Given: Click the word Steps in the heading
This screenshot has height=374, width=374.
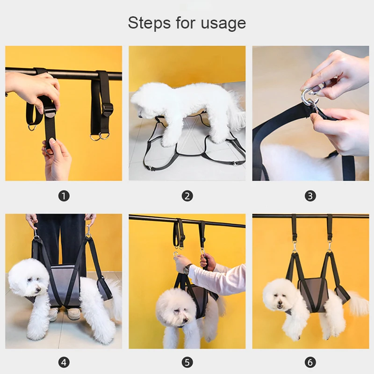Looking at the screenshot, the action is click(x=149, y=23).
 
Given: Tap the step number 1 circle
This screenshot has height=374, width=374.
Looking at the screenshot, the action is click(x=64, y=196).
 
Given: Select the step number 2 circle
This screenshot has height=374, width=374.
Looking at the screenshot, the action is click(x=187, y=196).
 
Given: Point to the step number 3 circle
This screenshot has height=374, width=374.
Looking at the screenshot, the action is click(x=310, y=196).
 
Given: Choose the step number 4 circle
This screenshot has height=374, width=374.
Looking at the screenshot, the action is click(x=64, y=363).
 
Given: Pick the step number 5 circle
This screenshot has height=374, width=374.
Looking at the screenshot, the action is click(x=187, y=363).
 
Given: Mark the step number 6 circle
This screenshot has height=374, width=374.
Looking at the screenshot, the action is click(x=310, y=363).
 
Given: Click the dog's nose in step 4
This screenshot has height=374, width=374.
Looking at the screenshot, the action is click(x=38, y=289).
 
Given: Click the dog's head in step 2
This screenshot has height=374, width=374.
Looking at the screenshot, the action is click(x=143, y=101).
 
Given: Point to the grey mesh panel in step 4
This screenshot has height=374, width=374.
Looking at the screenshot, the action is click(x=64, y=284).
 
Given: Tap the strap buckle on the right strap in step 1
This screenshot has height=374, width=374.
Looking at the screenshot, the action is click(x=107, y=109).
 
